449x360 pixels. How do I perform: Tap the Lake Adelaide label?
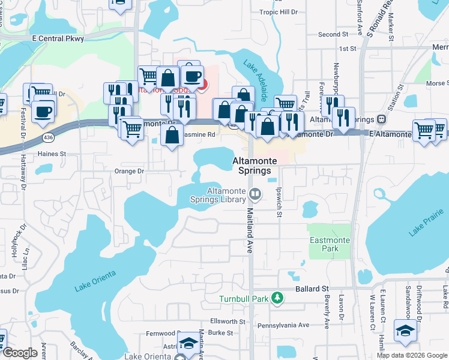pyautogui.click(x=255, y=80)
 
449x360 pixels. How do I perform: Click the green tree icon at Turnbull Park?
pyautogui.click(x=277, y=297)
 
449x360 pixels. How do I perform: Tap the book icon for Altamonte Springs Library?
pyautogui.click(x=255, y=193)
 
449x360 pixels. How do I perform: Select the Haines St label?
pyautogui.click(x=52, y=154)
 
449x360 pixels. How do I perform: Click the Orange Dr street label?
pyautogui.click(x=129, y=171)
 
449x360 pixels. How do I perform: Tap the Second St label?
pyautogui.click(x=333, y=35)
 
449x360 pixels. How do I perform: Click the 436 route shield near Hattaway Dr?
pyautogui.click(x=47, y=139)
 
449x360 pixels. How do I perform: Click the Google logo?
pyautogui.click(x=20, y=353)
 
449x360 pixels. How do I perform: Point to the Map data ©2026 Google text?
pyautogui.click(x=411, y=355)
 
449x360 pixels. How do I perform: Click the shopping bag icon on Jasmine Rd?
pyautogui.click(x=172, y=135)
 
